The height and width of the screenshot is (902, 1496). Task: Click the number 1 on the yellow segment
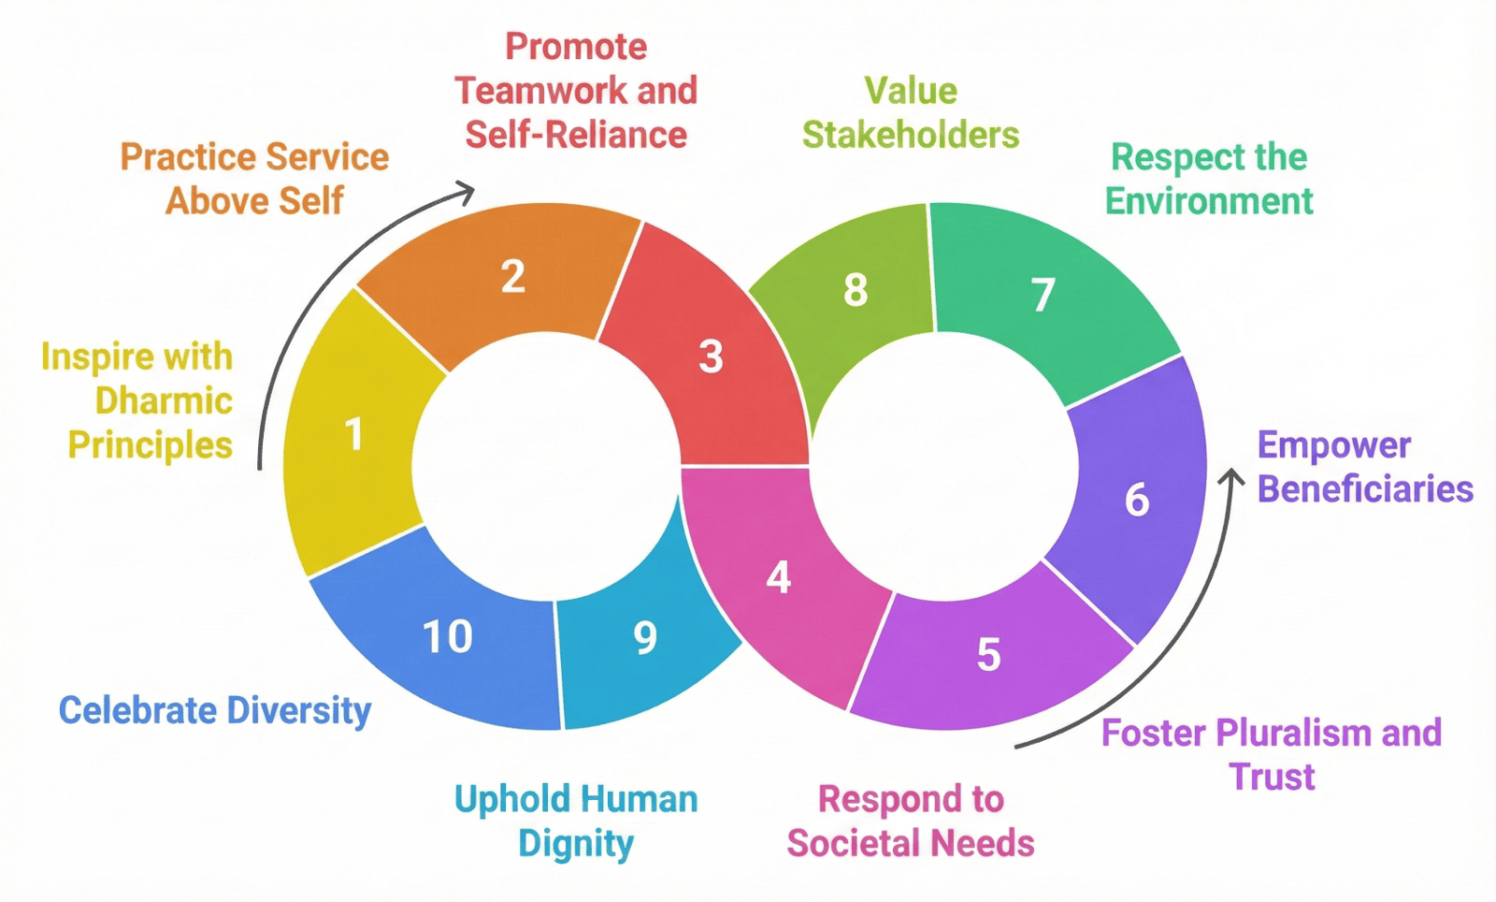tap(353, 434)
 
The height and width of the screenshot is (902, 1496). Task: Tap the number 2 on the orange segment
tap(512, 276)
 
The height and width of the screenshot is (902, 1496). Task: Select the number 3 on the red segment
tap(711, 356)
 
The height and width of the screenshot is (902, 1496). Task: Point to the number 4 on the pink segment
tap(778, 577)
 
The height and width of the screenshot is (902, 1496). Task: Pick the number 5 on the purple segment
tap(988, 654)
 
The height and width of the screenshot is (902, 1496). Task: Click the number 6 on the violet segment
tap(1136, 500)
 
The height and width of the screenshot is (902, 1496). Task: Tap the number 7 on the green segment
tap(1043, 295)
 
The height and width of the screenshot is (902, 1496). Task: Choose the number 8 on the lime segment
tap(856, 290)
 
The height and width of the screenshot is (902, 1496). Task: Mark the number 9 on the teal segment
tap(645, 638)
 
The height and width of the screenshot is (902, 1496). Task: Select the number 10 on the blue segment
tap(448, 637)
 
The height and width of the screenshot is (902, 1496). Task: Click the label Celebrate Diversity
tap(215, 711)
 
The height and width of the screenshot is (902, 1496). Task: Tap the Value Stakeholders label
tap(911, 113)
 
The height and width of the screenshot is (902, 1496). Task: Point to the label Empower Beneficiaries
tap(1364, 467)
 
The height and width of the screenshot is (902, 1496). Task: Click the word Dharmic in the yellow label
tap(164, 400)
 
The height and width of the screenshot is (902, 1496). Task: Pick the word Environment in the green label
tap(1209, 201)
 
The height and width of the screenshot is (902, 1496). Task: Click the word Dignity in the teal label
tap(576, 844)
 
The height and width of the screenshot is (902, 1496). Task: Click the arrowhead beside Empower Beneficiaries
tap(1232, 477)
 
